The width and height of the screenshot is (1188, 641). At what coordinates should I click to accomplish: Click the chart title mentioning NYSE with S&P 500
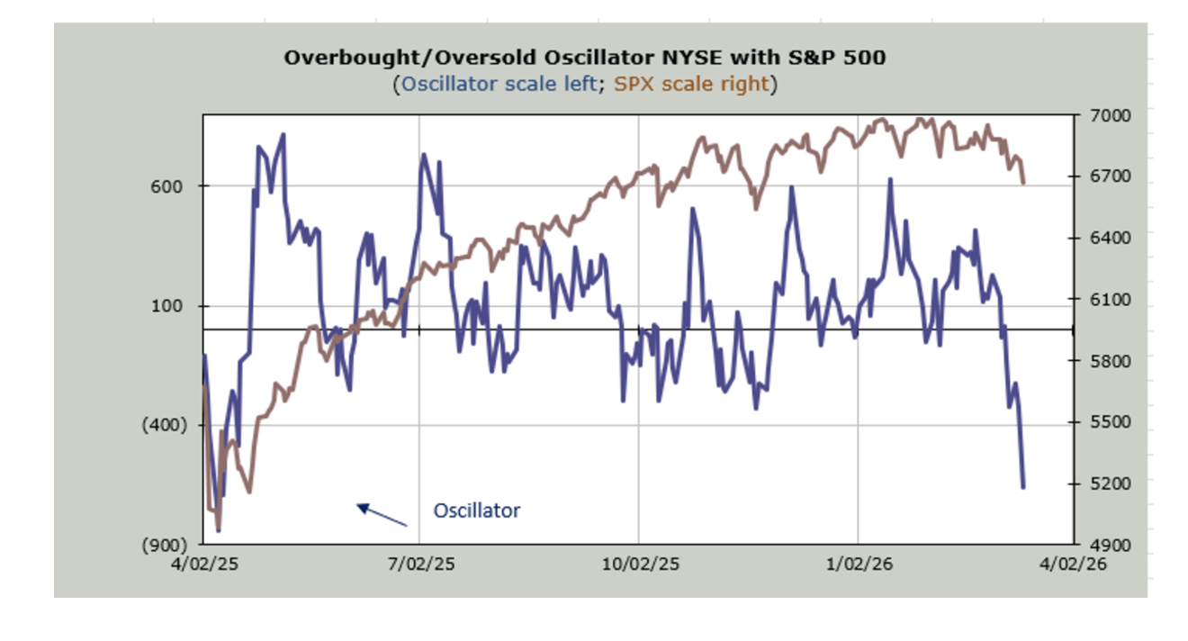[584, 58]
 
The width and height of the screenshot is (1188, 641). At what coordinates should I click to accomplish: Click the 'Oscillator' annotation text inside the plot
[477, 510]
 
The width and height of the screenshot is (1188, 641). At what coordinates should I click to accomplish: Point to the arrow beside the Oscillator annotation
[382, 515]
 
